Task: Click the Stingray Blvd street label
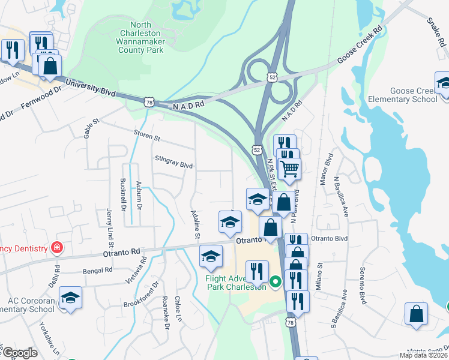click(173, 163)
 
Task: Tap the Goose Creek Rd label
click(360, 46)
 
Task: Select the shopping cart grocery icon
click(289, 169)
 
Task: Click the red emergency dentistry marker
click(57, 247)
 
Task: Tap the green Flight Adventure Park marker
click(276, 281)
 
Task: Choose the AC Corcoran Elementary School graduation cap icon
click(70, 298)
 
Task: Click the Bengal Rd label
click(98, 271)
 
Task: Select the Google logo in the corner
click(20, 353)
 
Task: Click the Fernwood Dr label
click(42, 97)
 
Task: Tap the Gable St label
click(91, 128)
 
